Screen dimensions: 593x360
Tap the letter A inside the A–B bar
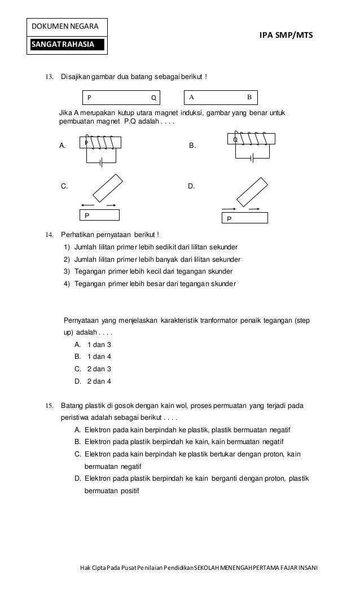(192, 97)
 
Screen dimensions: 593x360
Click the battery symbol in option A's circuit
(101, 163)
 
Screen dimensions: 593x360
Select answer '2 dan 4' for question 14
(99, 381)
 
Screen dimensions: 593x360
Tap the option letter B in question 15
(77, 441)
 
